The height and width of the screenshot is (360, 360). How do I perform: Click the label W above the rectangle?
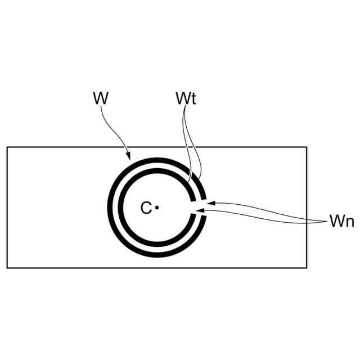[x=100, y=98]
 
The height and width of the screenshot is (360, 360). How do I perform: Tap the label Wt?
[x=185, y=98]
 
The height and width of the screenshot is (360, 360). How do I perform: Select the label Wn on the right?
[x=341, y=221]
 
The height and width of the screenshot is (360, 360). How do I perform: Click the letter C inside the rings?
[x=146, y=209]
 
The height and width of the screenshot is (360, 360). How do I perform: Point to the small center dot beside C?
[x=157, y=208]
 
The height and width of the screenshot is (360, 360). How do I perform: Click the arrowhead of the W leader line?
[x=129, y=157]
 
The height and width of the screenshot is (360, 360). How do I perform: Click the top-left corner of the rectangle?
[x=7, y=147]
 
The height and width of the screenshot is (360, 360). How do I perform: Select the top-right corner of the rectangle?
[x=307, y=147]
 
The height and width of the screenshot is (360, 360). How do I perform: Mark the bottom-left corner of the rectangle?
[x=7, y=268]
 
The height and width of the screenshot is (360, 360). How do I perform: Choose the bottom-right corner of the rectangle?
[x=307, y=268]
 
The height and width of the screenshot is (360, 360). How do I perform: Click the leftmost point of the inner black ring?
[x=120, y=208]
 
